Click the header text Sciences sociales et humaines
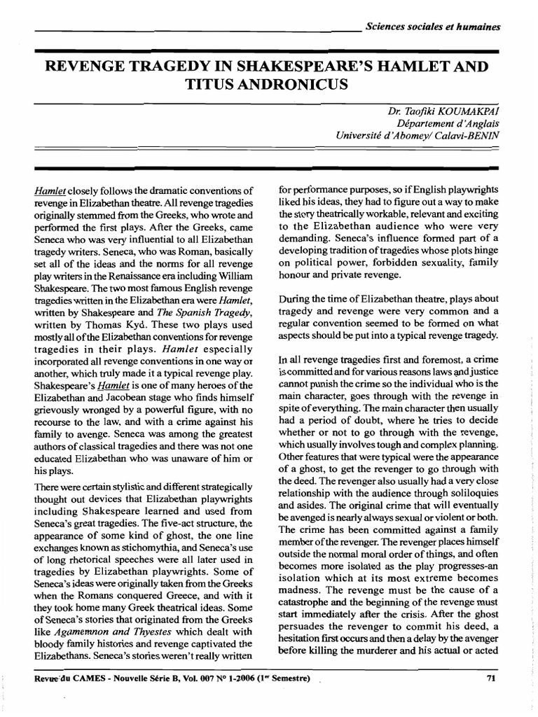[433, 27]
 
